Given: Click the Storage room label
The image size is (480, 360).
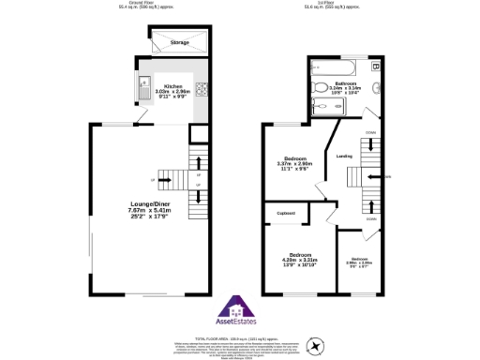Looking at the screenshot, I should tap(179, 43).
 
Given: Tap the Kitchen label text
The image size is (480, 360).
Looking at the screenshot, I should tap(172, 86).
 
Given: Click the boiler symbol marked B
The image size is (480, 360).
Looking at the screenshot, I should tap(375, 67).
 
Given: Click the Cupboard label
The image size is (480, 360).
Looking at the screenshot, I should tap(287, 214).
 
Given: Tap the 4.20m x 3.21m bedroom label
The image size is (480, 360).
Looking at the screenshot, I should tap(300, 260).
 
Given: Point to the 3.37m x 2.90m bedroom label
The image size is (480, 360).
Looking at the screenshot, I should tap(297, 163).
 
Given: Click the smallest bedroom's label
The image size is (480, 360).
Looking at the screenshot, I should tap(360, 262).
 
